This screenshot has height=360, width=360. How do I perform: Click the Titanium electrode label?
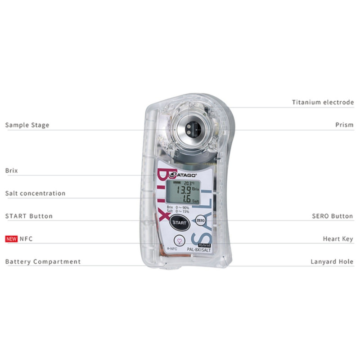coord(323,103)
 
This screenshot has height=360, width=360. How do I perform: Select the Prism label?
coord(344,125)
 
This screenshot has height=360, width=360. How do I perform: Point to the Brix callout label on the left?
coord(11,171)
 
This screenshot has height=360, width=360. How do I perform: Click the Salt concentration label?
coord(35,193)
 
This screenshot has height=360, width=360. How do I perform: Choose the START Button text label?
coord(29,216)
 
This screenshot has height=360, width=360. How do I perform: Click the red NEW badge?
coord(11,239)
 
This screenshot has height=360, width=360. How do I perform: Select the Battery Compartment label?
coord(43,261)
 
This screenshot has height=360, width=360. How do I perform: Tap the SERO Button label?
coord(332,216)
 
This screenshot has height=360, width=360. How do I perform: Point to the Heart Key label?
coord(338,239)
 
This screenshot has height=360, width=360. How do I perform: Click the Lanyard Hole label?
coord(332,261)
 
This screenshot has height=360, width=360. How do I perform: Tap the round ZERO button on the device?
coord(201,220)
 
